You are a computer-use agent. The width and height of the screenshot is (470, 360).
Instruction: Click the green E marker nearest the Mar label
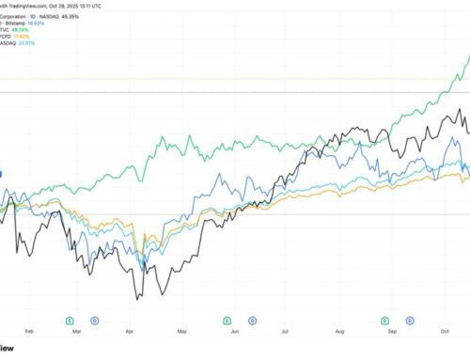click(x=72, y=319)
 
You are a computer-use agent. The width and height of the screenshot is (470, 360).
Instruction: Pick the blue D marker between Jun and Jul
click(x=249, y=319)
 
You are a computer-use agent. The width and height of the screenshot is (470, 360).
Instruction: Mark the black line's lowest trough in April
click(x=139, y=299)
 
